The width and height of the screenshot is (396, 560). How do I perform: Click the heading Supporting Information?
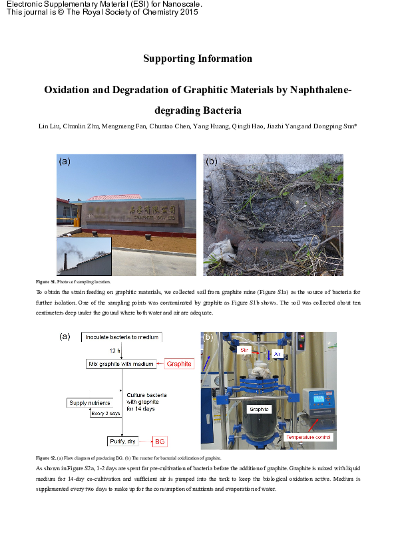[198, 59]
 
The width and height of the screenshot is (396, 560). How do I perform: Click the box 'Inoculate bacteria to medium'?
[120, 338]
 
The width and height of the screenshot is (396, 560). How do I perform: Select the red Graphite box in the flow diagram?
[179, 364]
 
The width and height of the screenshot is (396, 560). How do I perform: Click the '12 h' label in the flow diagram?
[114, 350]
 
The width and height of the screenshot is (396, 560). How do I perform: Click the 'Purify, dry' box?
[121, 442]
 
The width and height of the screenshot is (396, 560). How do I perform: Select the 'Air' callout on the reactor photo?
[278, 353]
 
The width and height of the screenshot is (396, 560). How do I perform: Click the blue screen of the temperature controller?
[317, 400]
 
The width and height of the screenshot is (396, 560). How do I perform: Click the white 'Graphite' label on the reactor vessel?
[258, 410]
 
